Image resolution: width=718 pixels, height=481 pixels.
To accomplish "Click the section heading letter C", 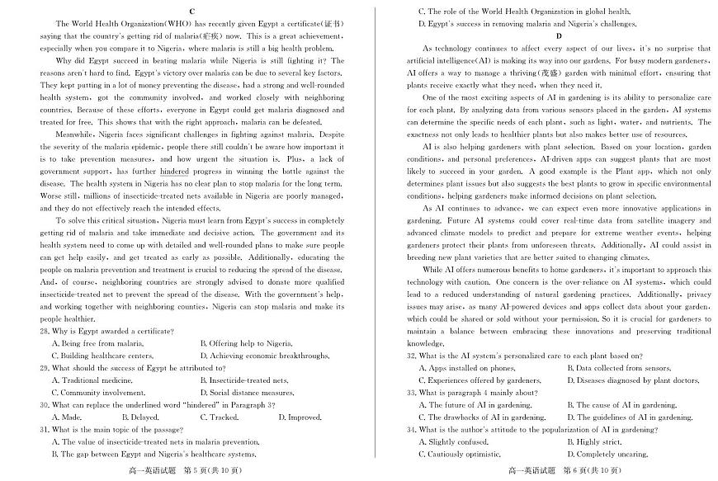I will (x=191, y=12).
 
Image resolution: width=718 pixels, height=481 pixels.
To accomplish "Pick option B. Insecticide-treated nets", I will (x=244, y=380).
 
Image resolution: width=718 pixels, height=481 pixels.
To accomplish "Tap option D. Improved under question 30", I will (x=294, y=417).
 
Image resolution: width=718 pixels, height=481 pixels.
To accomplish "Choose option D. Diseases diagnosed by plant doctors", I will (x=633, y=380).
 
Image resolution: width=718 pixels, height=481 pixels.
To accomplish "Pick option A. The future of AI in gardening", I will (x=475, y=405).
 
